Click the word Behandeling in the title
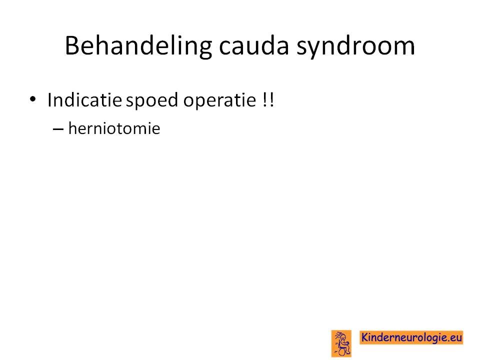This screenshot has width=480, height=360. pyautogui.click(x=138, y=46)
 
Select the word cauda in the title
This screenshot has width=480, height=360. pyautogui.click(x=254, y=46)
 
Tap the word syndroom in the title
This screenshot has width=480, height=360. pyautogui.click(x=355, y=46)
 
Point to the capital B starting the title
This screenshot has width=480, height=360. pyautogui.click(x=73, y=45)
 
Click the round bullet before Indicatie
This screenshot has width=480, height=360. pyautogui.click(x=33, y=99)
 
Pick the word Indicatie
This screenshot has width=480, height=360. pyautogui.click(x=85, y=100)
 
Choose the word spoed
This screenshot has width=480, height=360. pyautogui.click(x=152, y=100)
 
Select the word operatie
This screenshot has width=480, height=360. pyautogui.click(x=219, y=100)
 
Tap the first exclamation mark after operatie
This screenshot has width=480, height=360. pyautogui.click(x=265, y=100)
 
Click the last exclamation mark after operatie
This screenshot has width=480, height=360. pyautogui.click(x=272, y=100)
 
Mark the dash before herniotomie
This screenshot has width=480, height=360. pyautogui.click(x=58, y=129)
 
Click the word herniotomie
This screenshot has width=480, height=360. pyautogui.click(x=114, y=128)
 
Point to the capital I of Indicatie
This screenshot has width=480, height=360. pyautogui.click(x=49, y=100)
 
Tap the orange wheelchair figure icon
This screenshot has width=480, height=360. pyautogui.click(x=341, y=343)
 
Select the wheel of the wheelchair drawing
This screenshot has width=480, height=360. pyautogui.click(x=341, y=352)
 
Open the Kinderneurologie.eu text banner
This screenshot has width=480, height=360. pyautogui.click(x=411, y=337)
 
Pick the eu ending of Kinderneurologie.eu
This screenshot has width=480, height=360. pyautogui.click(x=455, y=338)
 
